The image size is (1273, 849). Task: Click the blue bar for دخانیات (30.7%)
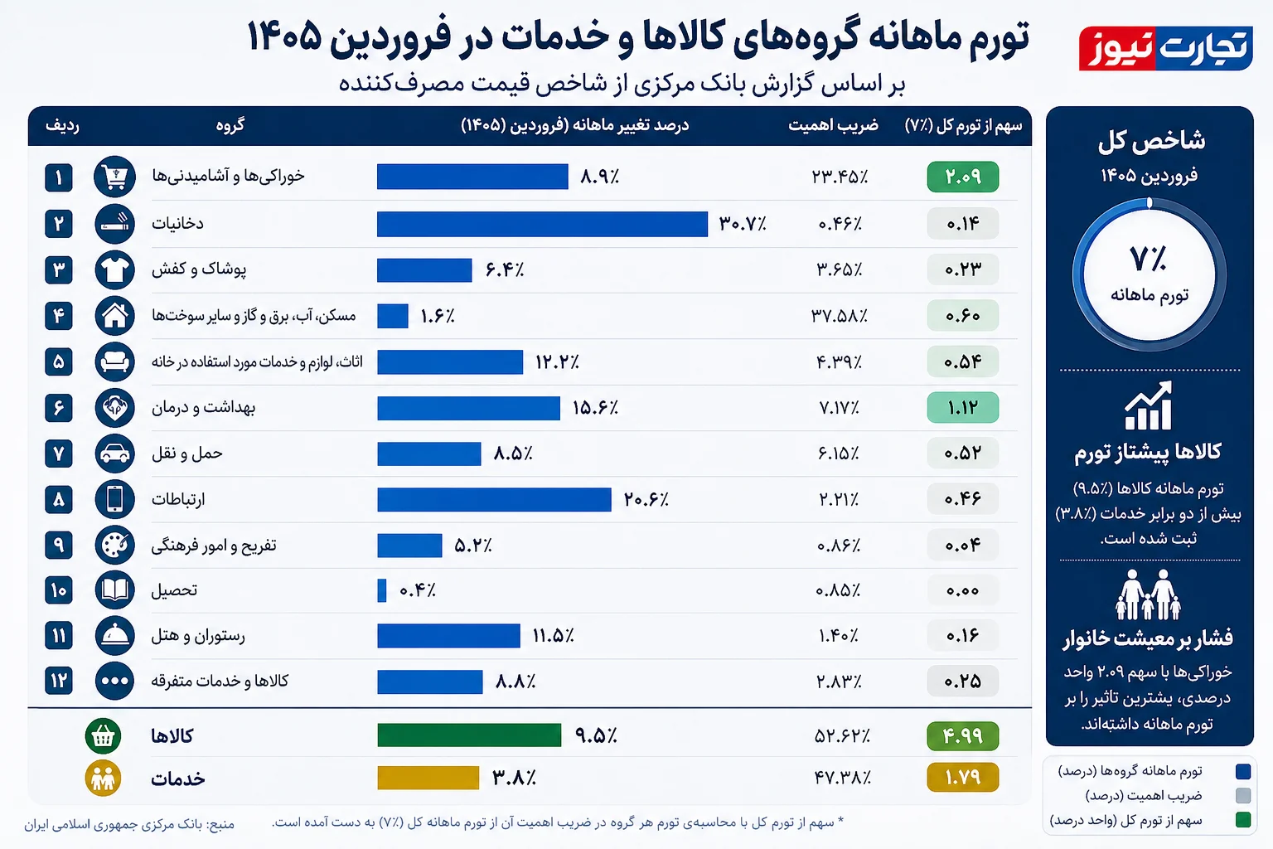click(542, 224)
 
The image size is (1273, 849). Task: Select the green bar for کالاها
click(469, 735)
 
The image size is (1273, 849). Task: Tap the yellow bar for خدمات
click(428, 778)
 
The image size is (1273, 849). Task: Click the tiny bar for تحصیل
click(382, 590)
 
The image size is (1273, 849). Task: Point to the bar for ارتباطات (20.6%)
click(494, 499)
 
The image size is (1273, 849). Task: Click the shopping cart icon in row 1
click(114, 177)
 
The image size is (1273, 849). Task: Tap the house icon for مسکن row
click(114, 315)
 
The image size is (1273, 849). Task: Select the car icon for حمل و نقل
click(114, 454)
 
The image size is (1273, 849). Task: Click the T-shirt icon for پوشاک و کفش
click(114, 269)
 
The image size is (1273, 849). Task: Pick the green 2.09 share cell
click(962, 177)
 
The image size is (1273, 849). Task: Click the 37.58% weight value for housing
click(840, 316)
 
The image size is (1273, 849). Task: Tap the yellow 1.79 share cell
click(962, 778)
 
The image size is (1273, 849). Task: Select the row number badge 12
click(59, 681)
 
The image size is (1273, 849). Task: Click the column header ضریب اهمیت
click(832, 125)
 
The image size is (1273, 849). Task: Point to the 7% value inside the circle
click(1148, 260)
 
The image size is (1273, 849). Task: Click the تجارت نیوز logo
click(1165, 48)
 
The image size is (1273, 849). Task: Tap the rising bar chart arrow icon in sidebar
click(1149, 406)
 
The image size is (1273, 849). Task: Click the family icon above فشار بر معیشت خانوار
click(1148, 594)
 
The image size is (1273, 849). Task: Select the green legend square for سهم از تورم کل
click(1242, 820)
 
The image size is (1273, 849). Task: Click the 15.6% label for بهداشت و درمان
click(595, 408)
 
